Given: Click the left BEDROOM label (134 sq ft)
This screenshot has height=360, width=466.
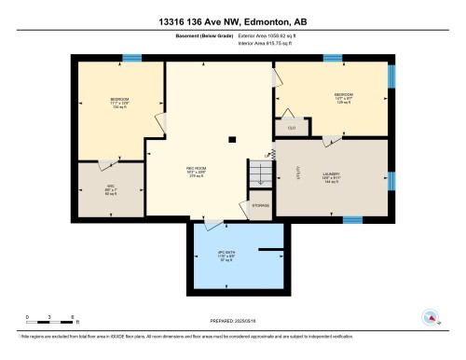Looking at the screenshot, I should coord(118,102).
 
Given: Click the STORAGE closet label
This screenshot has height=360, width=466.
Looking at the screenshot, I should coord(261,205).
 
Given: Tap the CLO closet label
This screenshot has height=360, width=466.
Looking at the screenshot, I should coord(291,128).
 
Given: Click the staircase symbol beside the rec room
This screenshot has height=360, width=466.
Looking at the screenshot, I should coord(257,172).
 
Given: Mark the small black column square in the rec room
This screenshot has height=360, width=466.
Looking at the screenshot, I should coord(232,140).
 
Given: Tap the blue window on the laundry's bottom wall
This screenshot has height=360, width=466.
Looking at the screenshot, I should coord(352,220).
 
